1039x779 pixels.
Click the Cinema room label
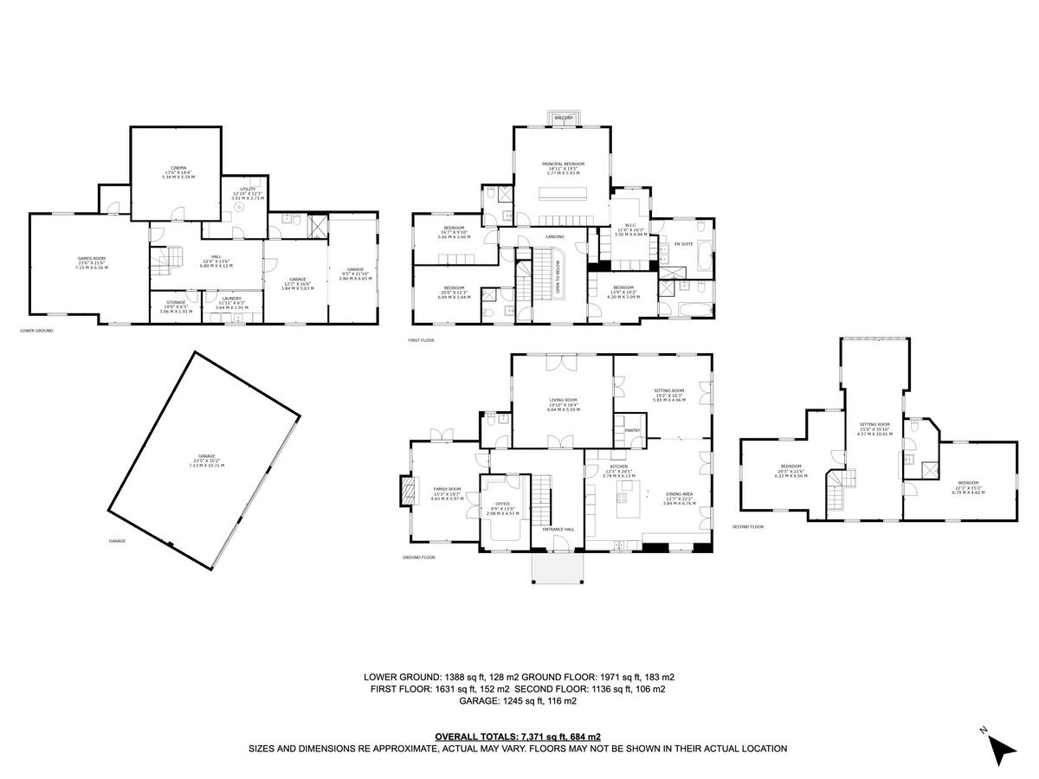click(x=178, y=168)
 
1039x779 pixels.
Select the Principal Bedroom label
click(x=563, y=164)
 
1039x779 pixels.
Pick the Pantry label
click(x=632, y=429)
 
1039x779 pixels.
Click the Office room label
click(x=502, y=503)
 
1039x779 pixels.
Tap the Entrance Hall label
click(x=558, y=529)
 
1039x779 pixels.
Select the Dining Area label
click(x=678, y=494)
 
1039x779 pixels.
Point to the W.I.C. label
click(x=630, y=228)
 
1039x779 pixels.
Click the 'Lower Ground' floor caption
click(x=37, y=331)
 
